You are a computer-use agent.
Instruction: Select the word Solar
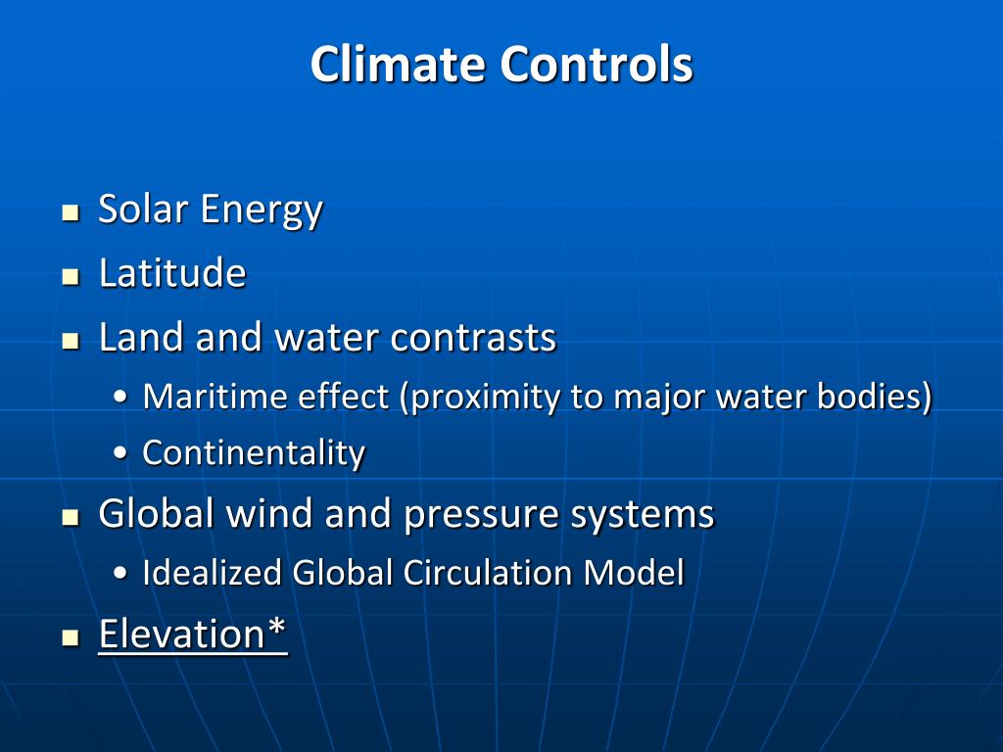[x=143, y=209]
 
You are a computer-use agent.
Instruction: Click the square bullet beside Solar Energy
[x=70, y=212]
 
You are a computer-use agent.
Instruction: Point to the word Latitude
[x=172, y=272]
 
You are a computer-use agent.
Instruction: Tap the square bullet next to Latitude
[x=70, y=277]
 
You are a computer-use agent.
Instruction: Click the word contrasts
[x=473, y=337]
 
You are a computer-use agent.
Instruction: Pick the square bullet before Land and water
[x=70, y=342]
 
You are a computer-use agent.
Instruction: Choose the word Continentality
[x=254, y=452]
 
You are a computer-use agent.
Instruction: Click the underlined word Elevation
[x=183, y=634]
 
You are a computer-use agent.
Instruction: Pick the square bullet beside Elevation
[x=70, y=638]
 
